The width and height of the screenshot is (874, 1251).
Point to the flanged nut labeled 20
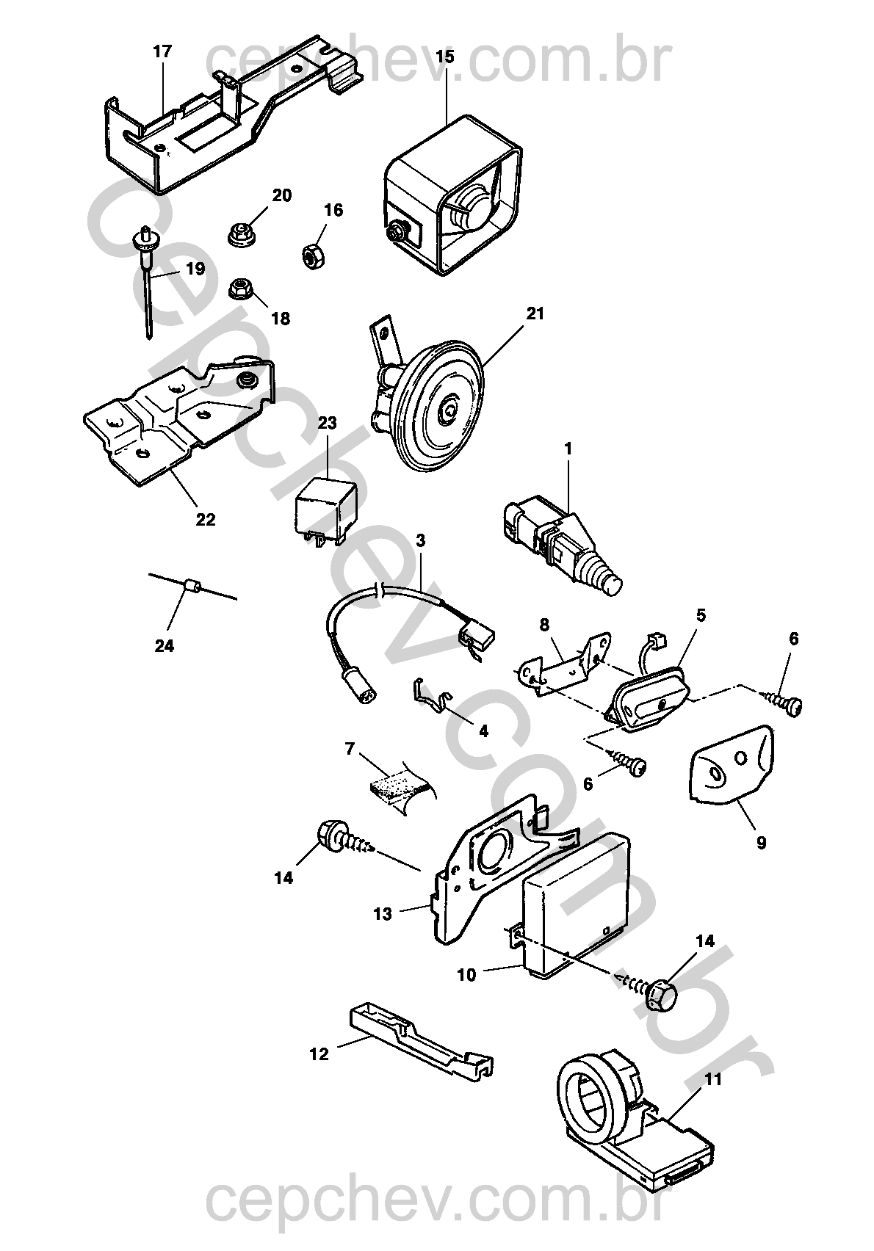241,235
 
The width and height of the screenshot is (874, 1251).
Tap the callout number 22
206,519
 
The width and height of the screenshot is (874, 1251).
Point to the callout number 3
420,541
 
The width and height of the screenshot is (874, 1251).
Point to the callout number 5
701,615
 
